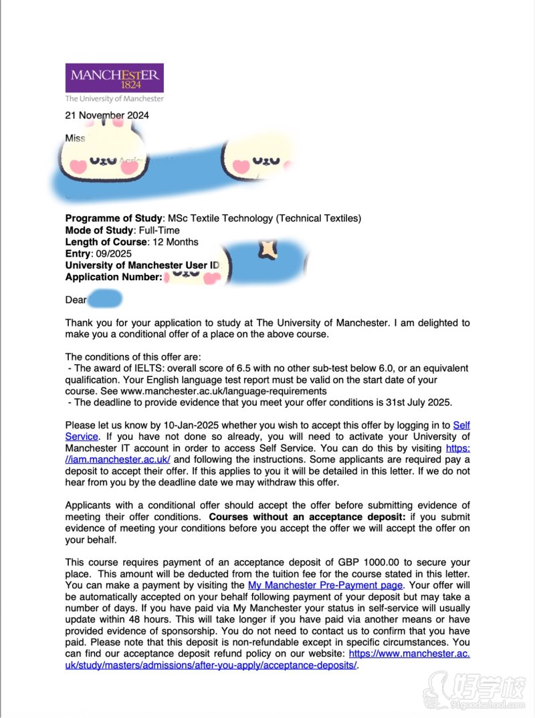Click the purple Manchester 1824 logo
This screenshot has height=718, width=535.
(x=114, y=78)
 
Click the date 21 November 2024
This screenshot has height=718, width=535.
(x=107, y=115)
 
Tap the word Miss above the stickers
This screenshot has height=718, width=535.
(x=75, y=138)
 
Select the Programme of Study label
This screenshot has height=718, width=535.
(x=114, y=219)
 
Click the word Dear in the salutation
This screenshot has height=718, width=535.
(x=76, y=300)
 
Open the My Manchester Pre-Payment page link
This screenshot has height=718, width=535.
(x=326, y=585)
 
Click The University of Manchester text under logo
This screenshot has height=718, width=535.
(x=114, y=98)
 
